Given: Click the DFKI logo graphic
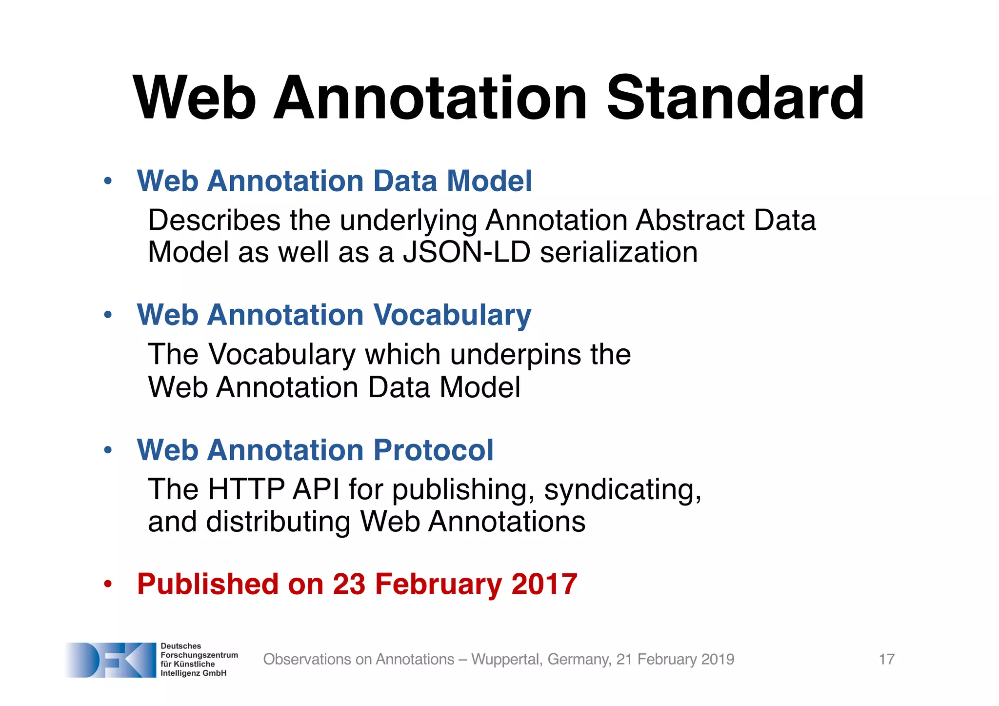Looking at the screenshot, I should click(111, 660).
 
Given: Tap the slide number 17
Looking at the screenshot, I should click(886, 659).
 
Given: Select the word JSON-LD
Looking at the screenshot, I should click(466, 252).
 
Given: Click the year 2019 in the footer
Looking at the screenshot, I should click(717, 659).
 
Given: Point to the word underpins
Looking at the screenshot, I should click(516, 354).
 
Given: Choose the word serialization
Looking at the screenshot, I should click(619, 252).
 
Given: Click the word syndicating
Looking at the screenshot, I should click(622, 490).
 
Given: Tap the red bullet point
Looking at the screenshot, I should click(108, 584).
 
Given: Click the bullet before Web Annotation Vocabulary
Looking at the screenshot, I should click(108, 316).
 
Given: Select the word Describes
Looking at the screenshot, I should click(214, 220).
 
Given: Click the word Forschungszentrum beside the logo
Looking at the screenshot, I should click(199, 655).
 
